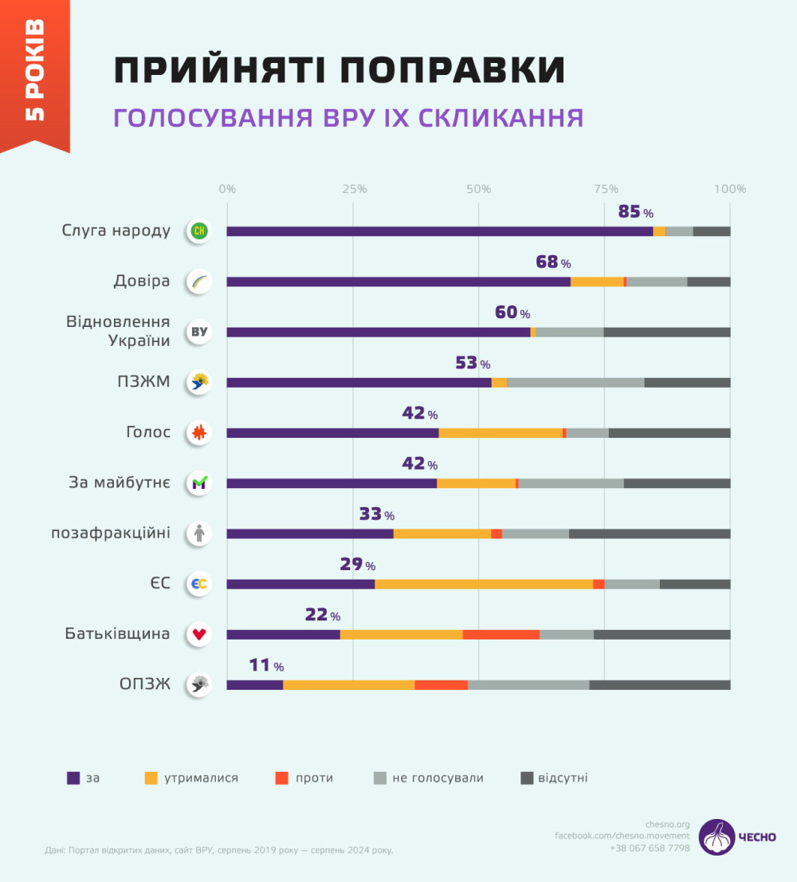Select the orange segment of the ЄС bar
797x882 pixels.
pos(484,584)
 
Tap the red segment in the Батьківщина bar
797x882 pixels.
pos(501,634)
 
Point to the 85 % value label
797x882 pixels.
pos(635,213)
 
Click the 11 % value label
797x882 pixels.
pos(266,666)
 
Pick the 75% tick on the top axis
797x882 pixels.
pos(606,189)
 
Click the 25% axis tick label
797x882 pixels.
pos(354,189)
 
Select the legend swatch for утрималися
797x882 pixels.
pos(151,778)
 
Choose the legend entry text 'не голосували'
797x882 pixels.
pos(438,778)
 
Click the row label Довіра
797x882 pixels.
pos(141,282)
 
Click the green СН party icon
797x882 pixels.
pos(198,231)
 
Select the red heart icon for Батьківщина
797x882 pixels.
pos(198,634)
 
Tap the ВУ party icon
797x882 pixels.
pos(198,332)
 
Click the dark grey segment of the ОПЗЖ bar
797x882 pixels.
pos(659,684)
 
